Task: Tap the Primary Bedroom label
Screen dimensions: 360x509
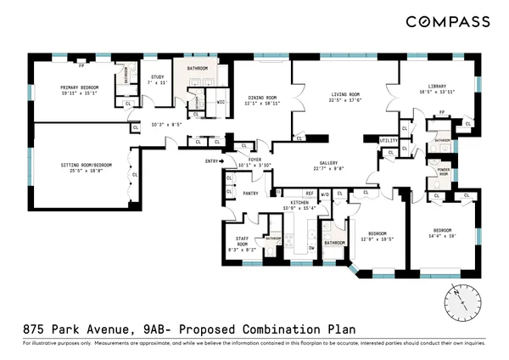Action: pos(82,87)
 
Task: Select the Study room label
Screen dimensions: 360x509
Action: pos(155,76)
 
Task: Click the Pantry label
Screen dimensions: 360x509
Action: pos(250,193)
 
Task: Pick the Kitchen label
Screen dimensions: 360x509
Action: pos(299,202)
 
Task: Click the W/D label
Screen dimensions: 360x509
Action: pos(325,194)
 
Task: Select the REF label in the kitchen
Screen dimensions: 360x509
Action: pos(310,194)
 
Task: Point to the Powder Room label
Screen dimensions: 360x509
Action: pos(444,173)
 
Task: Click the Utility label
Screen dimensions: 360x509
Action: pos(389,140)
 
